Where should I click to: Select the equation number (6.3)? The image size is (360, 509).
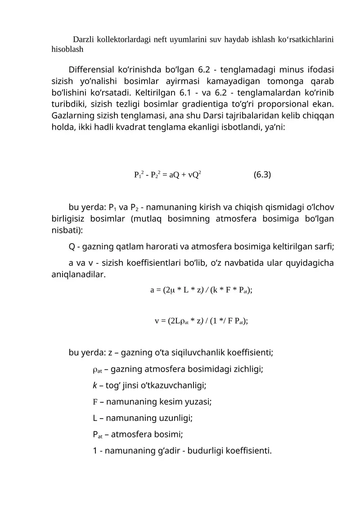262,174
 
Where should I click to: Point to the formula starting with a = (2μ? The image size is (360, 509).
201,290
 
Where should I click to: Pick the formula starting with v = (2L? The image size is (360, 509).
201,321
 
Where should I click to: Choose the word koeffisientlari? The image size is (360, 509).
149,263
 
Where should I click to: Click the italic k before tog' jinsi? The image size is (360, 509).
94,385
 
